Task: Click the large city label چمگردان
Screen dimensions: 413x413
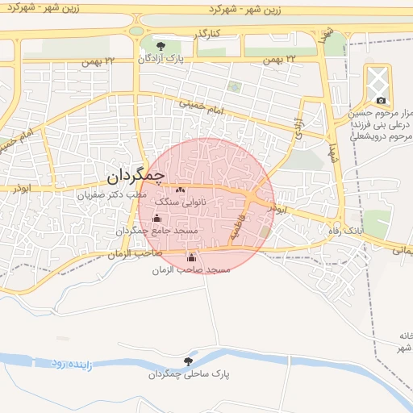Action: point(136,173)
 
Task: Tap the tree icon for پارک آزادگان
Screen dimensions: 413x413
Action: point(161,46)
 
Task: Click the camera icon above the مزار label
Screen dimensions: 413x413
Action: point(381,101)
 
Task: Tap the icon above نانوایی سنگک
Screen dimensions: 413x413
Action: point(179,190)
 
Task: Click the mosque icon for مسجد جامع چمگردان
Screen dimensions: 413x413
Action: point(156,218)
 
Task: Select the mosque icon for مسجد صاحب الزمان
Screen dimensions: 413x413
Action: point(191,257)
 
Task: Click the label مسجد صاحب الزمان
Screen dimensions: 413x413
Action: point(191,269)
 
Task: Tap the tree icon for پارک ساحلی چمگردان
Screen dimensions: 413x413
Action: point(189,361)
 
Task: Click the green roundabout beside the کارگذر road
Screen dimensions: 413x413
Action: point(137,31)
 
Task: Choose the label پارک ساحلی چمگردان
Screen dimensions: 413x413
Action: point(189,375)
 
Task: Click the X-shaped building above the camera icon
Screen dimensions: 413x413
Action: point(378,80)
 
